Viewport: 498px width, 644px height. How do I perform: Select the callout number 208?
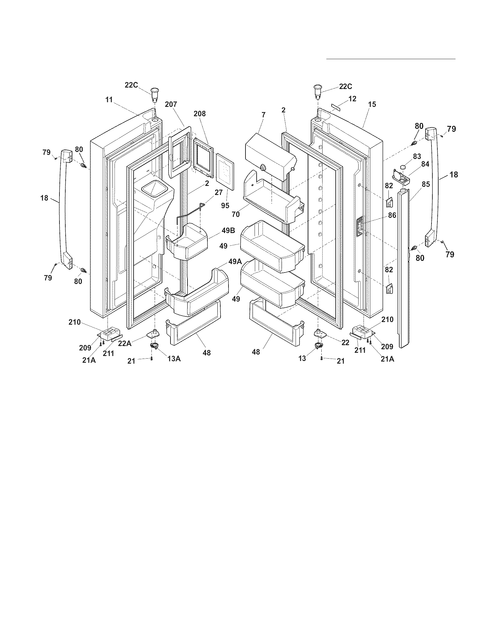[x=200, y=114]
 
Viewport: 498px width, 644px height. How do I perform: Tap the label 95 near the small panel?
[x=225, y=205]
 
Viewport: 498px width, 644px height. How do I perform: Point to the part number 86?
[x=392, y=215]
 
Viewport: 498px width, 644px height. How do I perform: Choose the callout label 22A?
[x=125, y=344]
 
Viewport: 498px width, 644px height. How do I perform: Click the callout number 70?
[x=236, y=214]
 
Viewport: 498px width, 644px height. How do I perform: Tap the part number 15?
[x=372, y=104]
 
